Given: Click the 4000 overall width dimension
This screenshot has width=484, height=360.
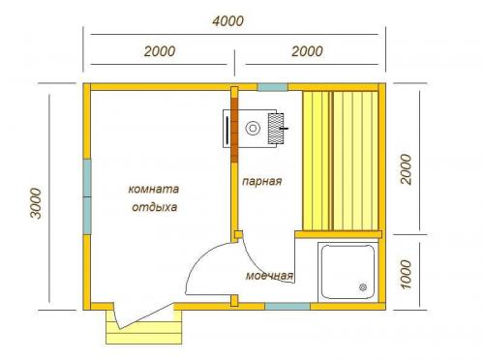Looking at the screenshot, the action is pos(228,21).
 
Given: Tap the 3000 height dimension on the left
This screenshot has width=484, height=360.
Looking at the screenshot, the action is pos(36,203).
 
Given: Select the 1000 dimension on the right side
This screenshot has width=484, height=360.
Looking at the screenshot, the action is pos(406,275).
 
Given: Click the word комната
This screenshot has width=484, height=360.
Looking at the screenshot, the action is pos(154,189).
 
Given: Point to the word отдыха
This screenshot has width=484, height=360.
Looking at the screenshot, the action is pos(155,207).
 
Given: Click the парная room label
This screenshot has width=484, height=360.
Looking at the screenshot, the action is pos(262,181).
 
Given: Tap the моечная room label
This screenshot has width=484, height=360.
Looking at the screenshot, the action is pos(269,276).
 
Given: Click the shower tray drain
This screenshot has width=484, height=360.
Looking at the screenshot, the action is pos(363,286).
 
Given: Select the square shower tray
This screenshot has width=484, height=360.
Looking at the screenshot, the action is pos(348,272).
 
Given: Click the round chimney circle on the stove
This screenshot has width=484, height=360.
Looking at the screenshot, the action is pos(253,128).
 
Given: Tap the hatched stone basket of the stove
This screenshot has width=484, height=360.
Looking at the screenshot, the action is pos(276,129).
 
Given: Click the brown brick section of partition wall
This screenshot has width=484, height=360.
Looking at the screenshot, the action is pos(234,130).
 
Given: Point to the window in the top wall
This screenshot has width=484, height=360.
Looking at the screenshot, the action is pos(273,87).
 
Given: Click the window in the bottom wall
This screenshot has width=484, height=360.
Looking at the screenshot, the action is pos(287,306).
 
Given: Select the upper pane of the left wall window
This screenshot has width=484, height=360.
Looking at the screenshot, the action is pos(87,178).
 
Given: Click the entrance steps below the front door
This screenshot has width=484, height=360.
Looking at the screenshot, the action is pos(144,328).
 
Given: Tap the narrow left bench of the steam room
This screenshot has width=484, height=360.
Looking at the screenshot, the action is pos(317,161).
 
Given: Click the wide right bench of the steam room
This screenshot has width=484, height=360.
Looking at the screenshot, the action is pos(355,161).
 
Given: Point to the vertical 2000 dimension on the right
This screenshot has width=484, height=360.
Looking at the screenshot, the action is pos(406,169).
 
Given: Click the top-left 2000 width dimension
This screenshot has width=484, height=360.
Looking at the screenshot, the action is pos(160,51).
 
